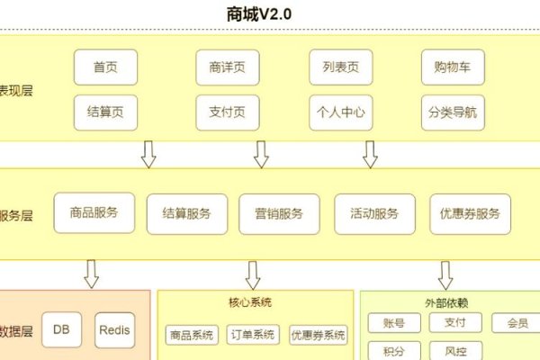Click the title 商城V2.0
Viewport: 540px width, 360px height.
(260, 14)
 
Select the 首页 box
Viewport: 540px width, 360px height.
(105, 67)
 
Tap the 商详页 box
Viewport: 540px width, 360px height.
(227, 67)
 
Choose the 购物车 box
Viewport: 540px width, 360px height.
(452, 67)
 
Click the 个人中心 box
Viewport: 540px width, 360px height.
(340, 113)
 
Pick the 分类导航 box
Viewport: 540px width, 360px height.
(452, 113)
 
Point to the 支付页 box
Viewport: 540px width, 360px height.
(227, 113)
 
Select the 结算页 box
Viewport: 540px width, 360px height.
(105, 113)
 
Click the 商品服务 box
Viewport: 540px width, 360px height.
(94, 214)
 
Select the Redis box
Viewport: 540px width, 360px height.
(114, 330)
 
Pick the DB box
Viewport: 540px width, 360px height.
(61, 330)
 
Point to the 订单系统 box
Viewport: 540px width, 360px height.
(253, 335)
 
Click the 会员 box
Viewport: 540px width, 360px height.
(517, 322)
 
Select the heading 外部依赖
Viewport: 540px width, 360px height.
(446, 301)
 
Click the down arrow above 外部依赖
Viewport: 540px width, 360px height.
(445, 274)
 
